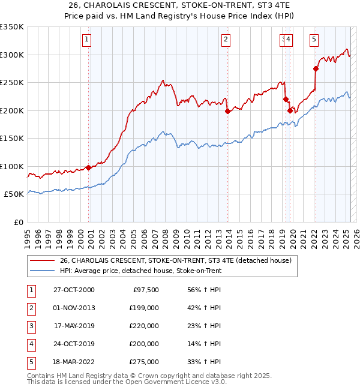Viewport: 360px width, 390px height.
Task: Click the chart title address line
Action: coord(179,5)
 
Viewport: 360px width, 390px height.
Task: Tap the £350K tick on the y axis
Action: coord(12,27)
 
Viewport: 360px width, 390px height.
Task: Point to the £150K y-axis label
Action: coord(12,138)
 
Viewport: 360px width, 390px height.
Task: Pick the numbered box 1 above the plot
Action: coord(88,40)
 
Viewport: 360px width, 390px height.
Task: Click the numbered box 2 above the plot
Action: coord(226,40)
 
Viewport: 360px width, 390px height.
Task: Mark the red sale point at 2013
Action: coord(228,111)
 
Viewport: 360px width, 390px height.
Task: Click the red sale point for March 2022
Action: coord(316,68)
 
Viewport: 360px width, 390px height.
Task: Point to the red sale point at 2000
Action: coord(88,167)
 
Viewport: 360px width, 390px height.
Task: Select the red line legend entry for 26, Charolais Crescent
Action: coord(175,260)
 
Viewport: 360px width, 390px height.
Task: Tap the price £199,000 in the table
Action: coord(144,308)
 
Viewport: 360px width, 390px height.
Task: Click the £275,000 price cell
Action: coord(144,362)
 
